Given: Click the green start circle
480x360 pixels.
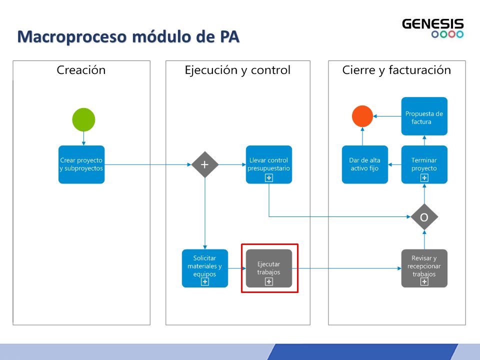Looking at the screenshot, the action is point(83,119).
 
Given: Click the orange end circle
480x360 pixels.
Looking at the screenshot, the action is point(362,116).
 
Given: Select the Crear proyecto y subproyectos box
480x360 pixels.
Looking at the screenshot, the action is point(81,164).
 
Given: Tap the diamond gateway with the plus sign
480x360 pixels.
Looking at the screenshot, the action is point(205,164).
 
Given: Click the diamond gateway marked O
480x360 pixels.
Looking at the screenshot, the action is point(424,217).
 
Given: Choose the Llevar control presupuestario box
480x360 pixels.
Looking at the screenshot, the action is point(269,164).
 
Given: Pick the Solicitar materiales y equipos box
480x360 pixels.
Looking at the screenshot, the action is point(205,268).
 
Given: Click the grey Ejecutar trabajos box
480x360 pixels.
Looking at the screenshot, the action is point(269,268).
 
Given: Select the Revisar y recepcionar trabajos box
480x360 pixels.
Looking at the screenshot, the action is point(424,268).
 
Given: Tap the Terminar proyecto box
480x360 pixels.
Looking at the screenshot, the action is point(424,164).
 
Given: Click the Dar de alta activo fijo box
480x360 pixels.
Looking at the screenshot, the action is point(365,164).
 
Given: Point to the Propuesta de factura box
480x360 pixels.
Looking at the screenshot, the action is point(424,116).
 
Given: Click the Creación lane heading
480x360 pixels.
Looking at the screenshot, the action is point(81,70).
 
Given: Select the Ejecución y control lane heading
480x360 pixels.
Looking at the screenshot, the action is point(237,70).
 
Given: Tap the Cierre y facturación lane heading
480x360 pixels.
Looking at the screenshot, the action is point(396,70).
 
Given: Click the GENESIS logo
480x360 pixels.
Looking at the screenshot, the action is point(433,28).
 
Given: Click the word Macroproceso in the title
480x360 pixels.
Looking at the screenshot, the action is point(71,36).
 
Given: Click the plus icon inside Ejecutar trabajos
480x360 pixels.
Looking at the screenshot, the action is point(269,281).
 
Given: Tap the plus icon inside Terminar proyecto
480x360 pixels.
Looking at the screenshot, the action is point(424,178).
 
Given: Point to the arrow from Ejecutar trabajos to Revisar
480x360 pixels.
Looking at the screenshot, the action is point(346,268).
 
